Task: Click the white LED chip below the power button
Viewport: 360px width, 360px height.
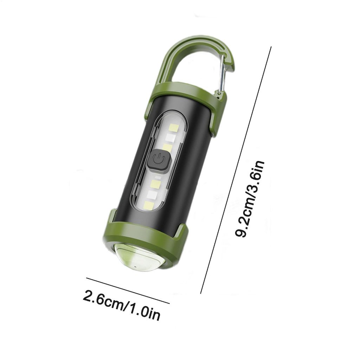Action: click(152, 195)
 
